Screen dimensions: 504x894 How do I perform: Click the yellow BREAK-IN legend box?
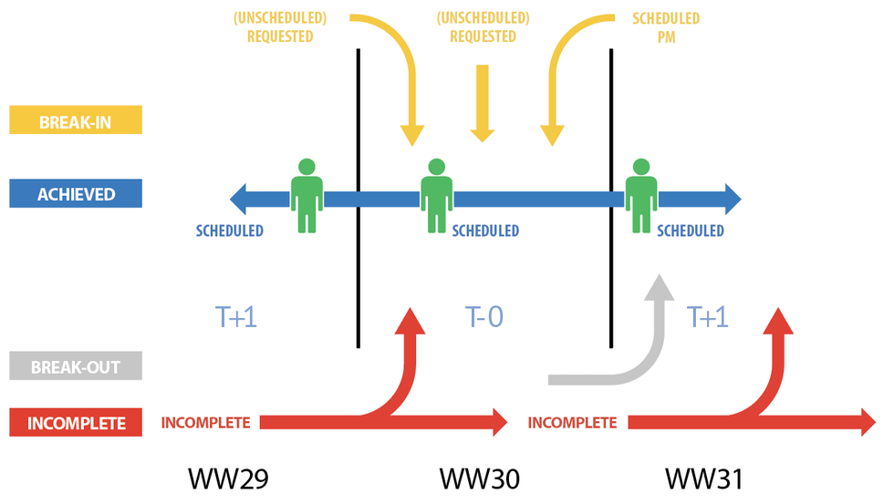75,120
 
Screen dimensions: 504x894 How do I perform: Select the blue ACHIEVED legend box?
75,194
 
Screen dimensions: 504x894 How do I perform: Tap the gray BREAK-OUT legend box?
75,366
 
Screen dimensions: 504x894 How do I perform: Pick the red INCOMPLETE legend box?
75,423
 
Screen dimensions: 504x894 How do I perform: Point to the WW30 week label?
479,478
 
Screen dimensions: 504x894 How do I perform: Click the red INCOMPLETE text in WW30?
572,423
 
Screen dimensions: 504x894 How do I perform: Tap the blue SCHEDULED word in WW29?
229,231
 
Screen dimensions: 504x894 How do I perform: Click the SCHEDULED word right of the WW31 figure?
690,231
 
